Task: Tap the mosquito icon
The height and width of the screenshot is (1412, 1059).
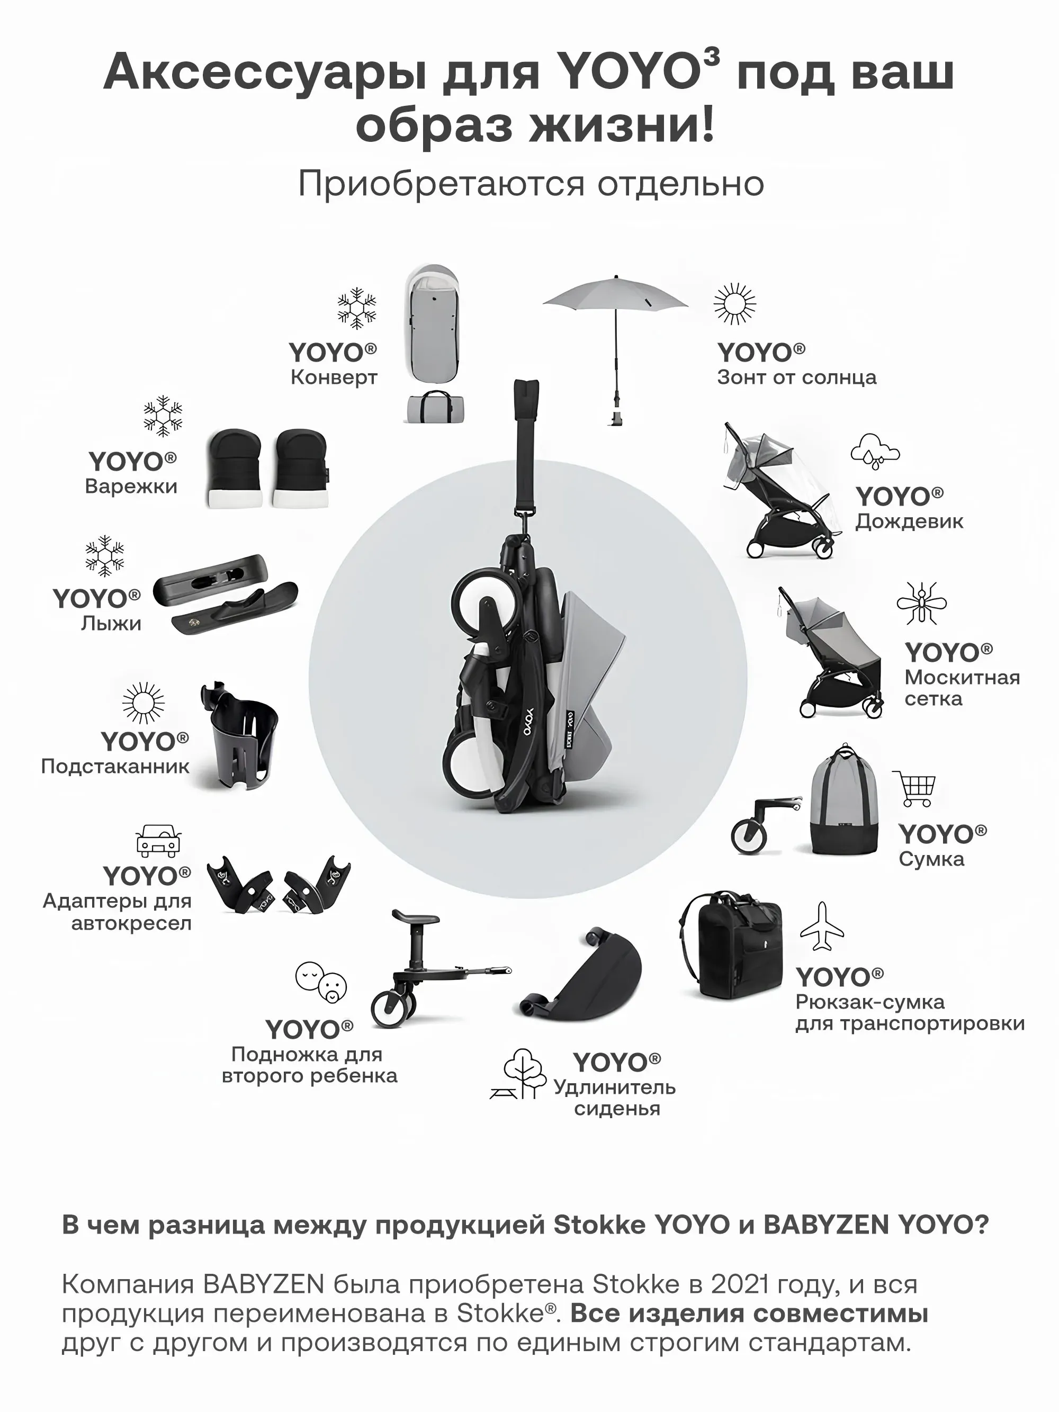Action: pos(921,602)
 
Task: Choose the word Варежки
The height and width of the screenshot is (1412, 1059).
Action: pos(131,487)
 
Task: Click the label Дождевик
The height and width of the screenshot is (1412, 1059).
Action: pos(909,521)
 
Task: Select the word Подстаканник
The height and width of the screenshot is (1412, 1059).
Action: pos(115,766)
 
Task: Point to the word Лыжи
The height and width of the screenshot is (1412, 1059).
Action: pos(111,623)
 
